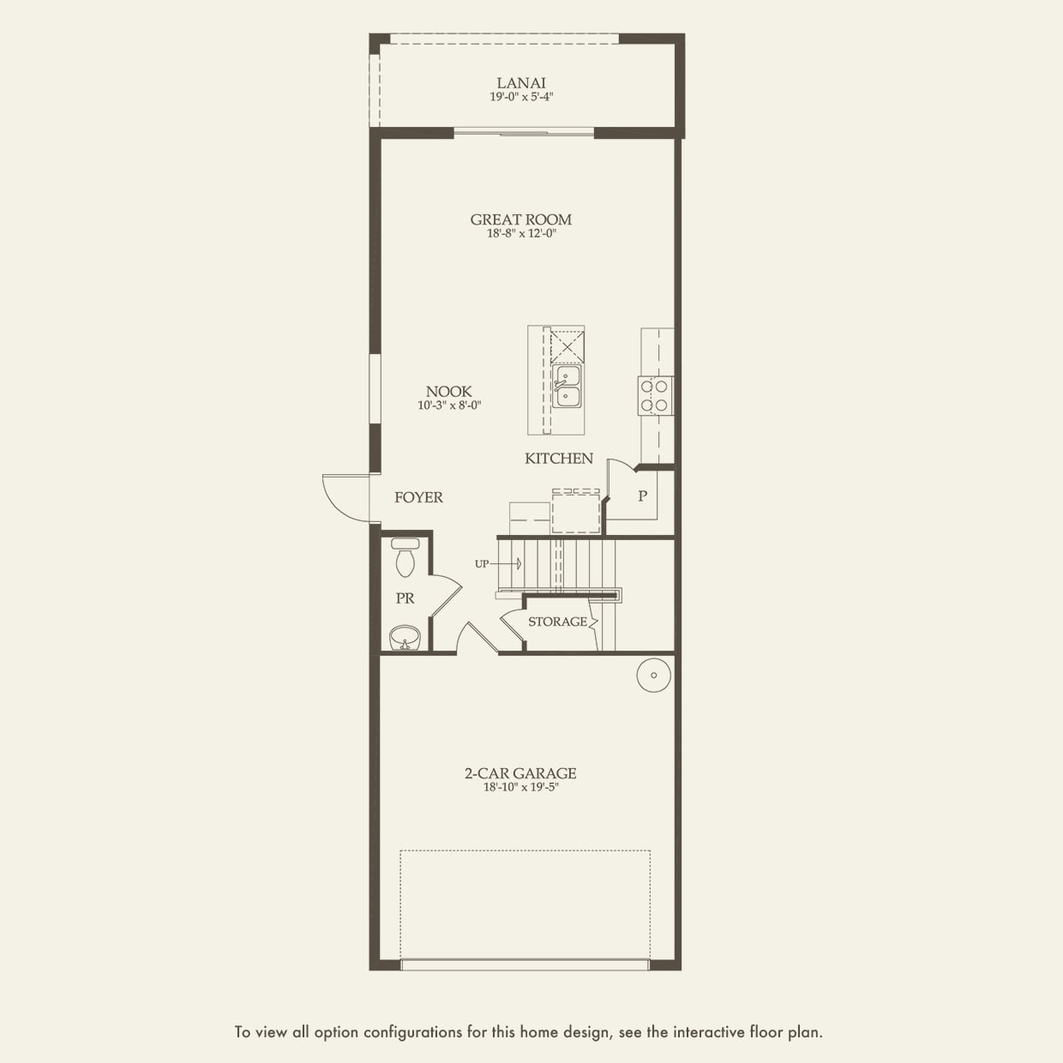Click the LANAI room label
(x=520, y=83)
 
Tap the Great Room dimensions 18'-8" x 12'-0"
(x=521, y=233)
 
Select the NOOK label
(x=448, y=392)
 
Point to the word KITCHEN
(x=559, y=459)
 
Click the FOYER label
(x=418, y=497)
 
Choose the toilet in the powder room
(x=405, y=557)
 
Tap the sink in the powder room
(x=405, y=639)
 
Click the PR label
(x=405, y=598)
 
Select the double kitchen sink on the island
(x=567, y=386)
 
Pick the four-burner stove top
(x=655, y=395)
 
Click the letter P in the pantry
(x=642, y=495)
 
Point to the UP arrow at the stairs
(x=498, y=564)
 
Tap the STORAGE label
(x=558, y=622)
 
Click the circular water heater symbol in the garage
(x=654, y=676)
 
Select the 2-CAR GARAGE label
(x=520, y=773)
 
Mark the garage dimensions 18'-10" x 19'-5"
(x=521, y=787)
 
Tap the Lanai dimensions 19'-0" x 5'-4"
(x=521, y=97)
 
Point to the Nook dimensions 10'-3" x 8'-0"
(x=449, y=405)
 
